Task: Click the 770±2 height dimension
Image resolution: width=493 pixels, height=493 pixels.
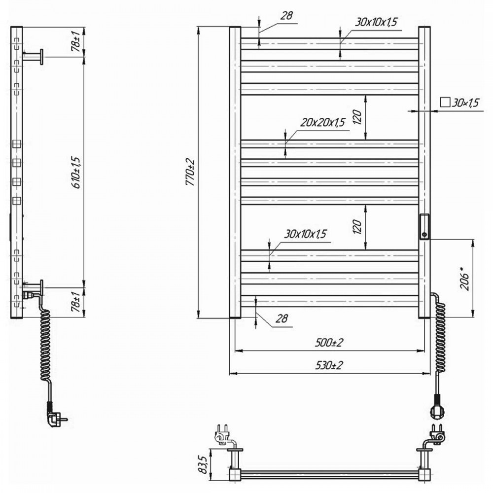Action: tap(190, 172)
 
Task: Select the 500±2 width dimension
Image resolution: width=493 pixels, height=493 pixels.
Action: tap(329, 343)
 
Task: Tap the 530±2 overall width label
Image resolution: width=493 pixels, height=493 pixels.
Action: tap(329, 365)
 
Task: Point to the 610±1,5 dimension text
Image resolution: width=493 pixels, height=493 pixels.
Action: tap(77, 172)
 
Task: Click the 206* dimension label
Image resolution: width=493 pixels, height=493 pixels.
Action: tap(466, 279)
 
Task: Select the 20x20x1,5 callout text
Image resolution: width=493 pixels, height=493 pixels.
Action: tap(322, 122)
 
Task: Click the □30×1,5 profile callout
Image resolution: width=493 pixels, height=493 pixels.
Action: tap(459, 103)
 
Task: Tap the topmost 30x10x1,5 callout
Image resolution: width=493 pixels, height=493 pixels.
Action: tap(377, 22)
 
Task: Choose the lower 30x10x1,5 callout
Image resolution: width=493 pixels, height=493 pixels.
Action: tap(306, 234)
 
